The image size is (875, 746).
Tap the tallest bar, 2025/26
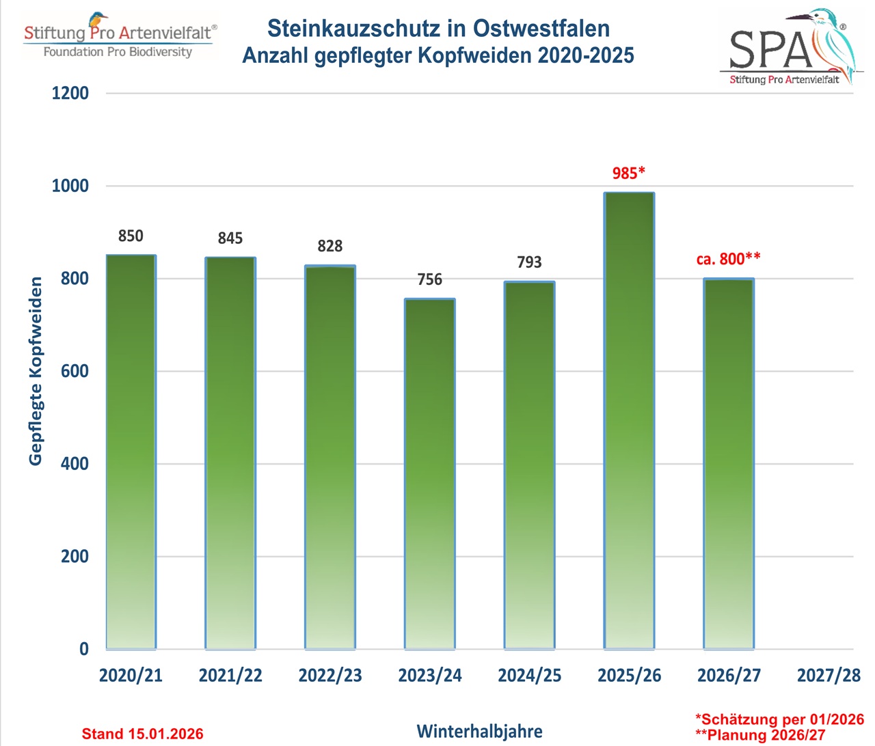pyautogui.click(x=629, y=421)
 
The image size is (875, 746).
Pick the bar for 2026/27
pyautogui.click(x=729, y=464)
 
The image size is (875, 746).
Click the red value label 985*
pyautogui.click(x=628, y=173)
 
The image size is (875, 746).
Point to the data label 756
pyautogui.click(x=430, y=279)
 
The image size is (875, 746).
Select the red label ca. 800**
pyautogui.click(x=728, y=259)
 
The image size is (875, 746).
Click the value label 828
pyautogui.click(x=330, y=246)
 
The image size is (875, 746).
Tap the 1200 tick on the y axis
pyautogui.click(x=70, y=93)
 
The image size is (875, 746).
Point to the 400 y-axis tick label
pyautogui.click(x=75, y=464)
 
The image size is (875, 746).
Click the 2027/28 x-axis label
pyautogui.click(x=829, y=676)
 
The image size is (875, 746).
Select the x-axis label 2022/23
pyautogui.click(x=330, y=676)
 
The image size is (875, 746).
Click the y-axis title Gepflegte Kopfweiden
pyautogui.click(x=36, y=371)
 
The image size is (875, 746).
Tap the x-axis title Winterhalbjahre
pyautogui.click(x=479, y=732)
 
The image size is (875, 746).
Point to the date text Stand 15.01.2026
pyautogui.click(x=142, y=734)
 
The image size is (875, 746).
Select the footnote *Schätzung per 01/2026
pyautogui.click(x=779, y=719)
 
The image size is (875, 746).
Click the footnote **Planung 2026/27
pyautogui.click(x=760, y=735)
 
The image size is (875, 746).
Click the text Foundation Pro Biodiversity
pyautogui.click(x=118, y=52)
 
